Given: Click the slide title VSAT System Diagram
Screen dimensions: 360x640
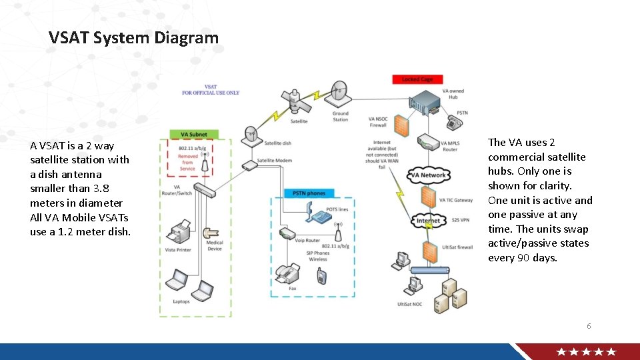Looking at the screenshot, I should [133, 38].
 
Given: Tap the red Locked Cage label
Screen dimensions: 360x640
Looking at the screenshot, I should [417, 79].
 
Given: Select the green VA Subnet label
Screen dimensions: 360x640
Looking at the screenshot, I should [189, 135].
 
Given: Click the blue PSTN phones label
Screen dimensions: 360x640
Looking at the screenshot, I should [309, 193].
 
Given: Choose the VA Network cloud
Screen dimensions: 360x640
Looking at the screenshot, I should [428, 175].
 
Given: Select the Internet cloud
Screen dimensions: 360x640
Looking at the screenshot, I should [428, 221].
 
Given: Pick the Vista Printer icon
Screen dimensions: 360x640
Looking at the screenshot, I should [180, 233].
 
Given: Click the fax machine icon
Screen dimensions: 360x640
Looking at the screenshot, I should [287, 273].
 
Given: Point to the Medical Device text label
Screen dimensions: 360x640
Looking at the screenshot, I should [214, 246].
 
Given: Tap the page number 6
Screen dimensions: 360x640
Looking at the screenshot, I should [589, 326].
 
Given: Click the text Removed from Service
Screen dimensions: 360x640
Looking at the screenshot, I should [188, 163].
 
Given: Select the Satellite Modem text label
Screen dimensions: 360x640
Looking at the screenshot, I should [275, 161].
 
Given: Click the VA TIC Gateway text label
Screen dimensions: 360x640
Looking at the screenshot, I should [456, 200].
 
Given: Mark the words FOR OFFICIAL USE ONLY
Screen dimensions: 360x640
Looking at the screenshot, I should [211, 93].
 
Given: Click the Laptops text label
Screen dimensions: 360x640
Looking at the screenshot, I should [181, 301].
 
